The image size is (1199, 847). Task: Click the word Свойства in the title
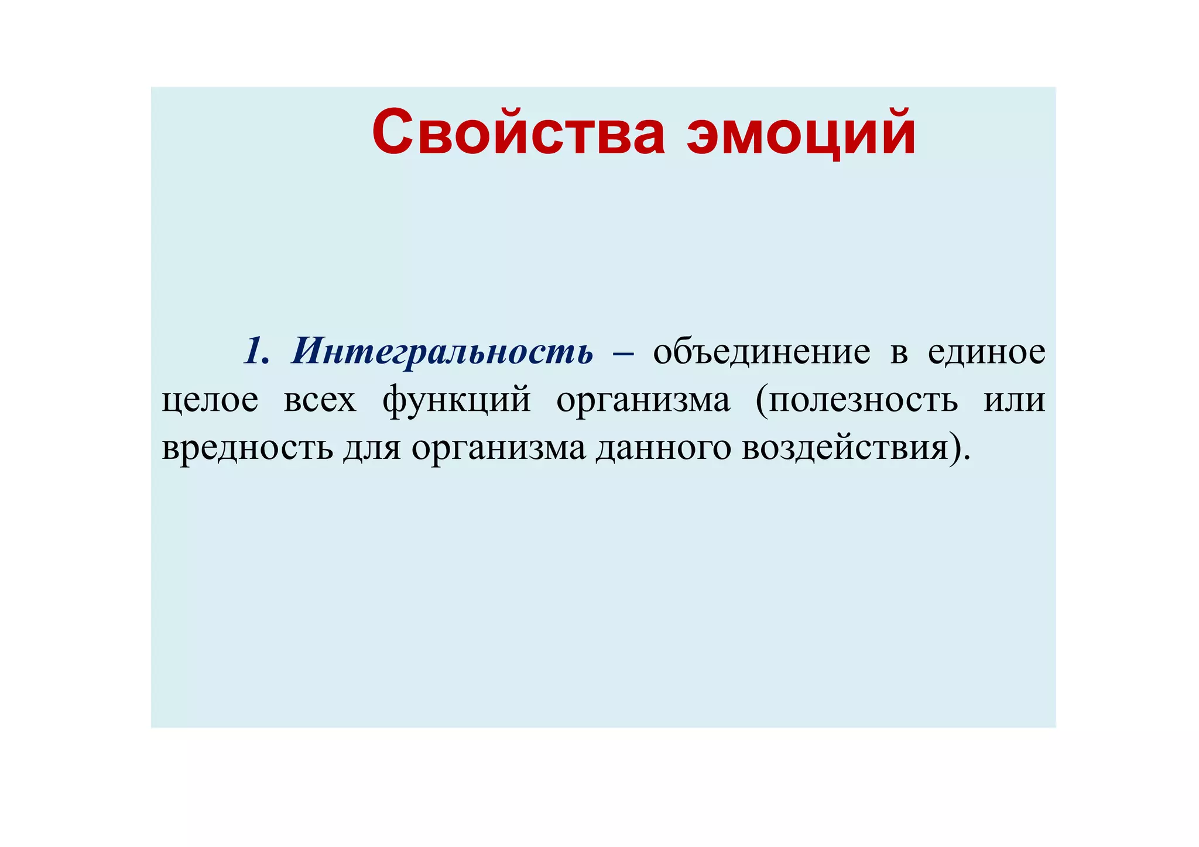[518, 133]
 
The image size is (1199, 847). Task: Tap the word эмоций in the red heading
[801, 133]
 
